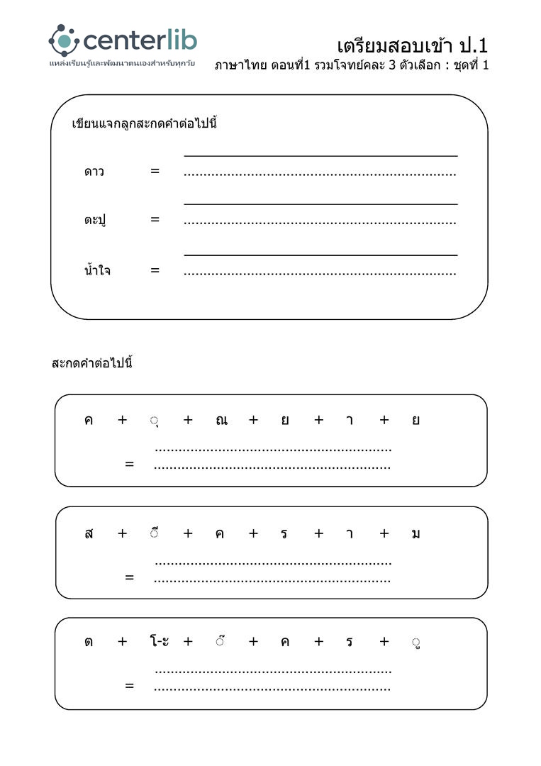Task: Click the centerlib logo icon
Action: point(63,40)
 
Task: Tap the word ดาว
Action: point(94,172)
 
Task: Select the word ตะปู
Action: point(94,221)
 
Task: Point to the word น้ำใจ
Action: point(97,270)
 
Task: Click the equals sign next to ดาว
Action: point(155,171)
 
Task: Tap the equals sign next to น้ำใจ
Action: point(155,270)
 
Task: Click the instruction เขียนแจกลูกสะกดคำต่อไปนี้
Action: point(144,123)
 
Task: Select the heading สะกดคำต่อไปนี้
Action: point(92,364)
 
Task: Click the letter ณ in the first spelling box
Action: point(221,420)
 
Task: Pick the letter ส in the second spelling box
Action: point(89,534)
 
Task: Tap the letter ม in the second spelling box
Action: point(415,534)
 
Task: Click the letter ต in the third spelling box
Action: point(89,642)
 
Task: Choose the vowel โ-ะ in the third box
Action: point(159,642)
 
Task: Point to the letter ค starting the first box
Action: point(89,420)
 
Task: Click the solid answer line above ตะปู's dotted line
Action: point(320,204)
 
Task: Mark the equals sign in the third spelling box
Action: point(129,686)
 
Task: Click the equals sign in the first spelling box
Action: point(129,465)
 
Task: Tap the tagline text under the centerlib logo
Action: point(121,64)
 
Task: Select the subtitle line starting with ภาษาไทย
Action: point(352,65)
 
